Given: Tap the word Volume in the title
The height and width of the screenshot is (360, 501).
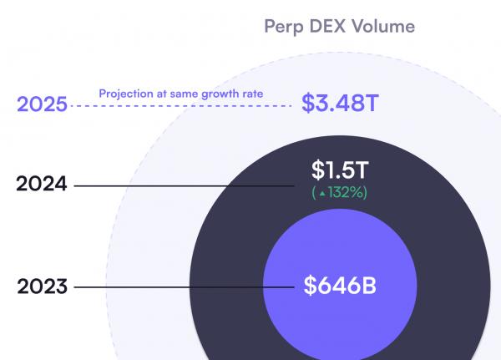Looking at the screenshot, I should [x=386, y=27].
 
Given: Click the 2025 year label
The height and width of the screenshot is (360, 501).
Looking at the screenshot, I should [x=42, y=106].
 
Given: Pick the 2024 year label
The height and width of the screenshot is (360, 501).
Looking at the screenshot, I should [x=41, y=184].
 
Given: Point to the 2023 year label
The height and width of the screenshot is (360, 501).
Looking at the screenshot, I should [x=42, y=287].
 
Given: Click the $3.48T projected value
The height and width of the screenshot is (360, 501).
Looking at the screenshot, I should [x=340, y=104].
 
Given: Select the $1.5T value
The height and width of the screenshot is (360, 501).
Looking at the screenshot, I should [x=340, y=170].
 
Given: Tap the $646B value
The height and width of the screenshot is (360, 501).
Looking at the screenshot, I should [x=340, y=286].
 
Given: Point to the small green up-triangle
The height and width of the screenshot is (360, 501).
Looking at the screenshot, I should [x=322, y=193].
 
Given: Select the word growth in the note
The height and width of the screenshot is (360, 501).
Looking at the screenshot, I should [x=220, y=94].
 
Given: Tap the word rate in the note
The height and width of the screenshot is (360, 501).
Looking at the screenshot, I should [x=251, y=94].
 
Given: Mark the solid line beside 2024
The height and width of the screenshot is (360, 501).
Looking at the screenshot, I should [x=184, y=185].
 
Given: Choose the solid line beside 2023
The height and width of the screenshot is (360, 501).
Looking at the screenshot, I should [x=184, y=288].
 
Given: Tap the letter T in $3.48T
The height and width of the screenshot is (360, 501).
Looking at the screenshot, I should [x=372, y=104].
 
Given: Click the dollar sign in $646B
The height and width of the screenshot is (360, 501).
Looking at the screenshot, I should [x=310, y=286].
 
